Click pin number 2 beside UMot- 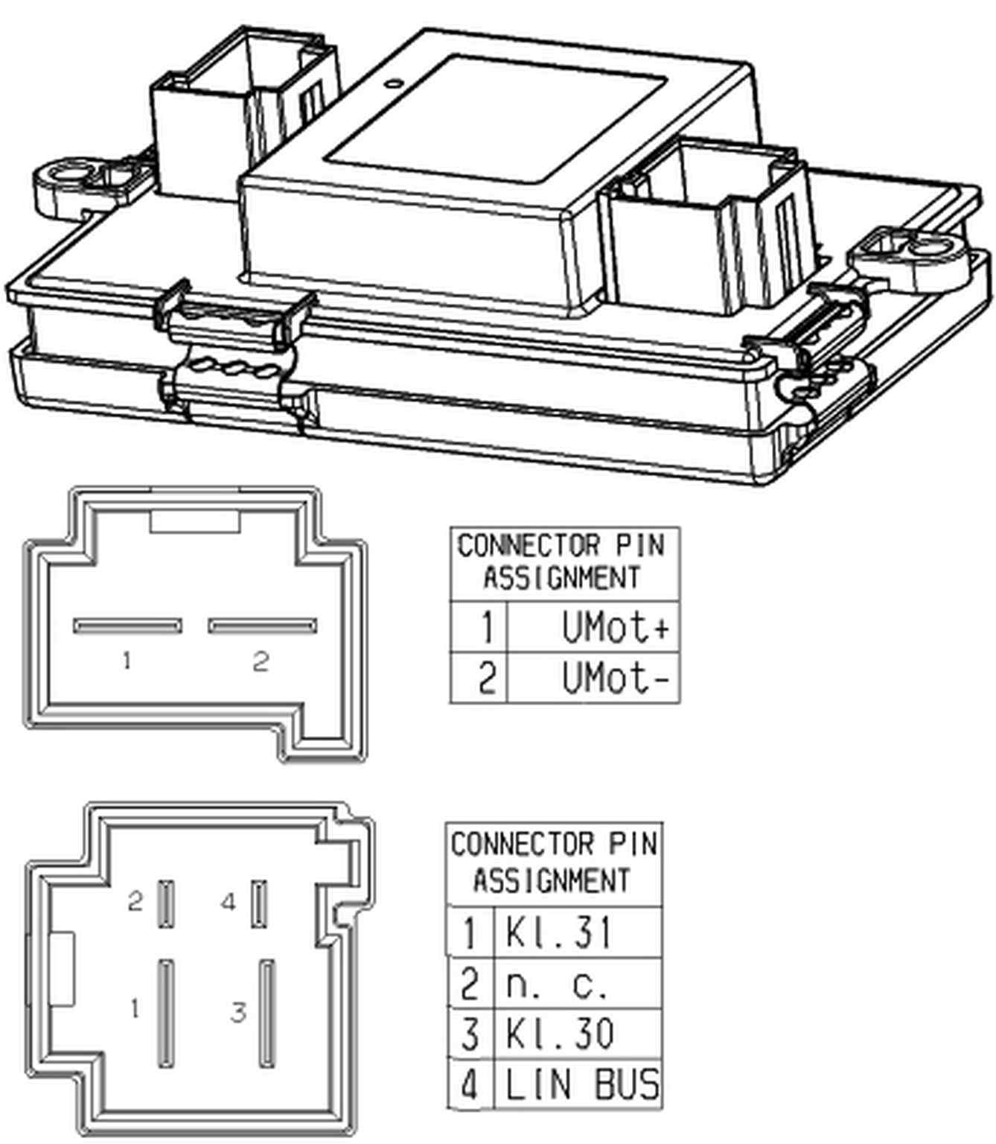tap(485, 679)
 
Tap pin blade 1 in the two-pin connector tap(127, 626)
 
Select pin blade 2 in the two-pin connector tap(262, 626)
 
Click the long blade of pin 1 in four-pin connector tap(165, 1014)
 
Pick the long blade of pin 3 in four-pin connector tap(266, 1014)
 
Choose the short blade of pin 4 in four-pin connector tap(259, 903)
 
